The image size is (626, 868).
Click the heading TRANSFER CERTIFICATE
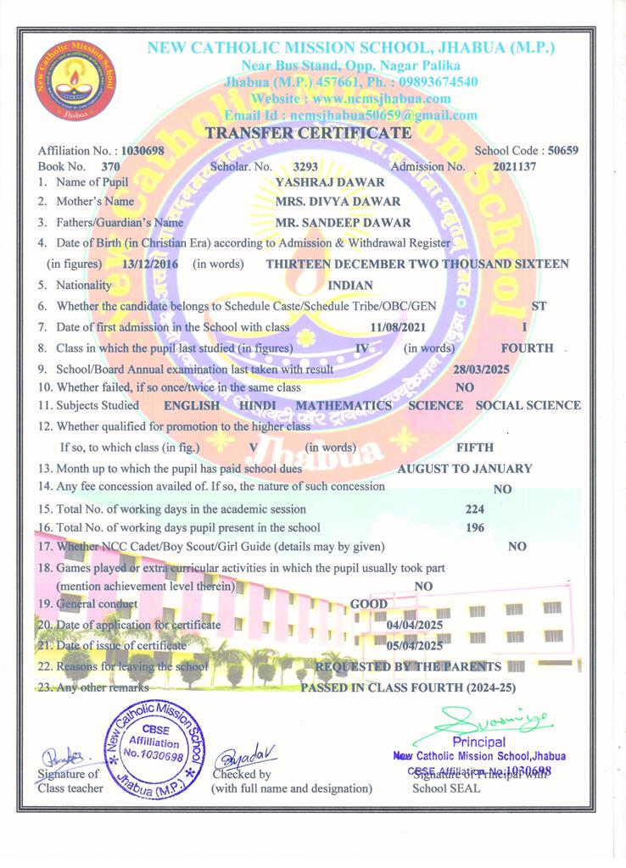[x=309, y=133]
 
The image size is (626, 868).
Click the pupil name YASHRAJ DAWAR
[x=331, y=182]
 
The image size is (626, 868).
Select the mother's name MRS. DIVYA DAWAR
[x=338, y=202]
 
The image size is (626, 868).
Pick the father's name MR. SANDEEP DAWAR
[x=344, y=223]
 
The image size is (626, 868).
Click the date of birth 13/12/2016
[x=150, y=264]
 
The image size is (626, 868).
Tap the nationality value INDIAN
[x=349, y=286]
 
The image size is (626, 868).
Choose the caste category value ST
[x=538, y=305]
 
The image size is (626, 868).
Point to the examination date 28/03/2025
[x=482, y=370]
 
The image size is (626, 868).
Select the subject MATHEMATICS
[x=344, y=405]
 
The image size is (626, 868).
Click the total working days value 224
[x=475, y=509]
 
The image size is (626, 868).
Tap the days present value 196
[x=475, y=528]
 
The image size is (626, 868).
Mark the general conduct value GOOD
[x=369, y=604]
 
